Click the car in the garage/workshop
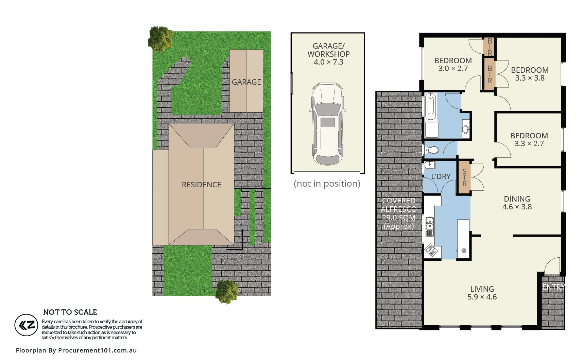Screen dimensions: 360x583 click(x=328, y=124)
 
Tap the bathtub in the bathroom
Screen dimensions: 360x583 click(x=430, y=106)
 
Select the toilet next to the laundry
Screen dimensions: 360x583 click(x=431, y=150)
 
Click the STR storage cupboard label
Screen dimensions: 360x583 click(x=464, y=178)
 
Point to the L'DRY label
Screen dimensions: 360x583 click(x=441, y=177)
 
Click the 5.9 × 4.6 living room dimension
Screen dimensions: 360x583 click(x=482, y=297)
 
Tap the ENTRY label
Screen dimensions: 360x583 click(x=553, y=287)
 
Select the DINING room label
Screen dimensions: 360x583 click(x=517, y=199)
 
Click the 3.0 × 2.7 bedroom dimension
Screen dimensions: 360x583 click(x=453, y=69)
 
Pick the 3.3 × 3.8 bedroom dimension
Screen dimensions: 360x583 click(x=530, y=78)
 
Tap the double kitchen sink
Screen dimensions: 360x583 click(x=430, y=224)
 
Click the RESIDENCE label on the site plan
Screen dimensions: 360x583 click(x=201, y=185)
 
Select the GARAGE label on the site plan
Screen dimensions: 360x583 click(x=246, y=82)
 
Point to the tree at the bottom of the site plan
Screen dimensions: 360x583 click(x=227, y=291)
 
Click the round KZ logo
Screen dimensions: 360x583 click(x=26, y=325)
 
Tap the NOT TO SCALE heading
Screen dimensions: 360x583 click(x=70, y=312)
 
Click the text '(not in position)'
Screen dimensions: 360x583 click(x=327, y=184)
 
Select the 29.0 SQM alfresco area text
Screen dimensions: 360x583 click(x=398, y=218)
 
